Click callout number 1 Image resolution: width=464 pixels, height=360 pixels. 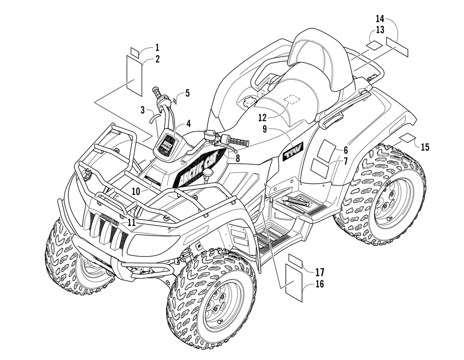click(157, 47)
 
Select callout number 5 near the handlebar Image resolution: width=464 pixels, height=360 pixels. click(187, 93)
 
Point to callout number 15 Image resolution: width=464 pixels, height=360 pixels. click(425, 147)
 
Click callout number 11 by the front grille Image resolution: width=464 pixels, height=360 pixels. click(131, 222)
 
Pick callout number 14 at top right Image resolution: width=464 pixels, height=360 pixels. click(380, 19)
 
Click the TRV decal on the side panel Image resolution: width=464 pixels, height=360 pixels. click(290, 151)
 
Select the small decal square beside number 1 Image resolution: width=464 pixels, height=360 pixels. click(135, 51)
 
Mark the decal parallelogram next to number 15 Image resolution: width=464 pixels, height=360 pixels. click(408, 137)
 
